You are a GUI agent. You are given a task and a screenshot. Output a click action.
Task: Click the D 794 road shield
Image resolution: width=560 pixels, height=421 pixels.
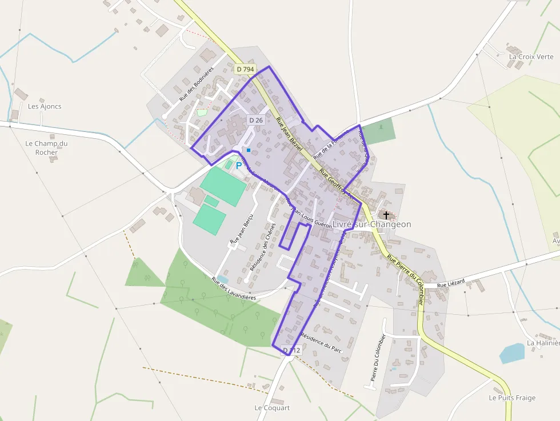(245, 69)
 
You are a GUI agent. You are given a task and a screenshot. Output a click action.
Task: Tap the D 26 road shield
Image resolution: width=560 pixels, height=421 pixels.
(255, 120)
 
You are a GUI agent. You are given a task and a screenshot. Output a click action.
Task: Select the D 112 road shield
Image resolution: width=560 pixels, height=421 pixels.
(291, 350)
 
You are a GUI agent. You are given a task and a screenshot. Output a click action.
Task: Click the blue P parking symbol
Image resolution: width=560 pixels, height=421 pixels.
(239, 166)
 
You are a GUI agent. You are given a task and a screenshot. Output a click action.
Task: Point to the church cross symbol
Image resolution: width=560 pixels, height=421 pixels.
(387, 215)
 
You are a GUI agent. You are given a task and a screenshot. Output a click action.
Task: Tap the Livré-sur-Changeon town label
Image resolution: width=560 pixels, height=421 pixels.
(371, 224)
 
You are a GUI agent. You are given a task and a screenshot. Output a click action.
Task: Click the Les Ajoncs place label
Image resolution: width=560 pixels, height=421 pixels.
(45, 106)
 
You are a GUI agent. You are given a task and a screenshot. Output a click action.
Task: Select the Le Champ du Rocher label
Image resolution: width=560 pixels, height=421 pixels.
(46, 148)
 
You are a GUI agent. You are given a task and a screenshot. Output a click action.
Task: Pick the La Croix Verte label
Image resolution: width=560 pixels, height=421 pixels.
(531, 57)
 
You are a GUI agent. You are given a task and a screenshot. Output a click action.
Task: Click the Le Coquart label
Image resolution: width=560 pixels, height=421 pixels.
(272, 408)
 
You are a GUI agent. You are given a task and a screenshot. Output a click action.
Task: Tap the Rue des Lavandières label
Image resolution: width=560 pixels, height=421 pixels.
(234, 289)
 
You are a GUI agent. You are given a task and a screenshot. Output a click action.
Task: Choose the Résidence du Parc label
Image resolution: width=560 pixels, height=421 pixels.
(321, 342)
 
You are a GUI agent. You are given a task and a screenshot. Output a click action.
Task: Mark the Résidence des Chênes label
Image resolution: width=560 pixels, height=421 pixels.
(263, 246)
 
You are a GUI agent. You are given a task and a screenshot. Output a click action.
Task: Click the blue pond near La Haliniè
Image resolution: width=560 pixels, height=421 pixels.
(512, 353)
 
